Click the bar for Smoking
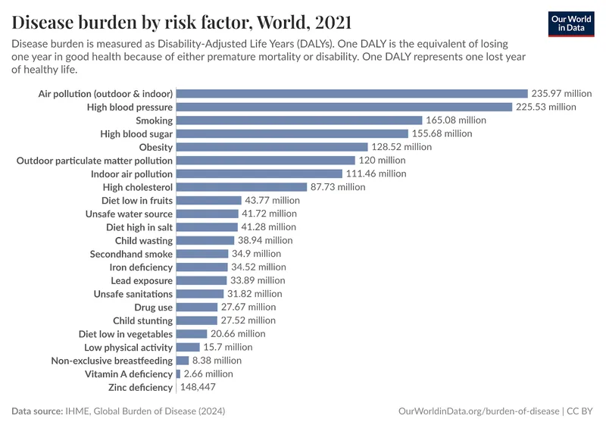[298, 120]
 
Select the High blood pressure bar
[344, 107]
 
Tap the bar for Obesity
[271, 147]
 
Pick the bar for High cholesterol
[241, 187]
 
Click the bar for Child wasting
[205, 240]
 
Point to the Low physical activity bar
[187, 347]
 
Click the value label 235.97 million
[561, 93]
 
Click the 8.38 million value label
[217, 361]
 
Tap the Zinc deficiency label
[140, 387]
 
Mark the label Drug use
[154, 307]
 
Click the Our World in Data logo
[570, 23]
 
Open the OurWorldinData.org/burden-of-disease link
[478, 411]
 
